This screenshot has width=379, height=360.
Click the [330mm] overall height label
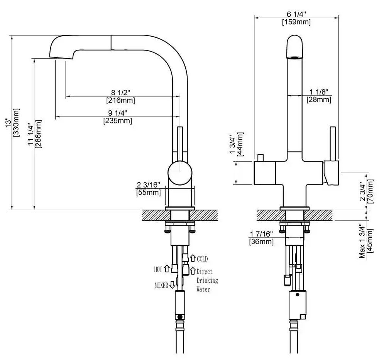(x=17, y=122)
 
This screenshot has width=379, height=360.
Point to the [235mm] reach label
(x=118, y=120)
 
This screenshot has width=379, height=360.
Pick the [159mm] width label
(x=296, y=22)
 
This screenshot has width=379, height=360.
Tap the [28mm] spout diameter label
(x=319, y=100)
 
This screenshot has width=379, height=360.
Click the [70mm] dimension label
(x=371, y=191)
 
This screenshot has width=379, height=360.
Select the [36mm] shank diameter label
(x=261, y=242)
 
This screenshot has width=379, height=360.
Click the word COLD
(x=202, y=259)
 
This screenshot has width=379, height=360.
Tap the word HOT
(x=158, y=269)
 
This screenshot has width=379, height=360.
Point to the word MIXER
(x=161, y=286)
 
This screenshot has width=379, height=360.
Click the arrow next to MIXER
(x=172, y=286)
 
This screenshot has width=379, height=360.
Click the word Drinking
(x=207, y=280)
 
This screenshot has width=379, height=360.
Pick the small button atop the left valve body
(x=261, y=158)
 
